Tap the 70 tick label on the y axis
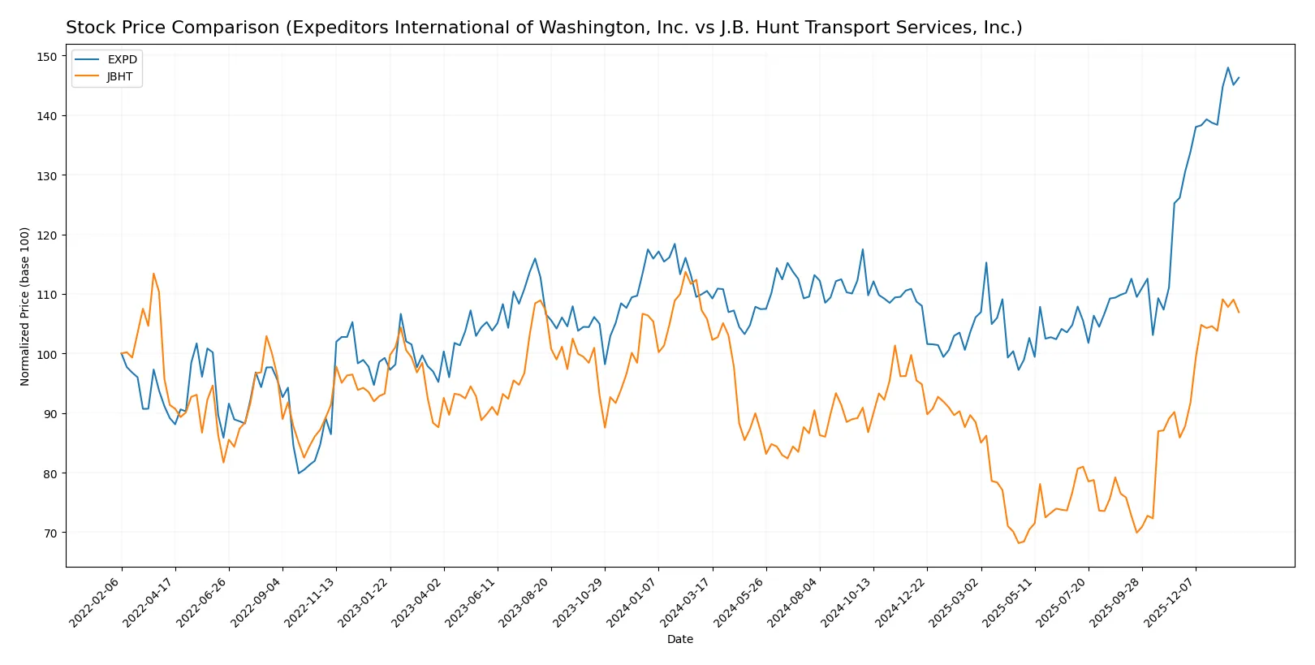point(50,533)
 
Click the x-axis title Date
point(679,640)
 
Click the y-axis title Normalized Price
point(24,306)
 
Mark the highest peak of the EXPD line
point(1228,67)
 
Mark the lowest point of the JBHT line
point(1019,543)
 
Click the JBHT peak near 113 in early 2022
point(153,274)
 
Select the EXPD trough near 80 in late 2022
point(299,473)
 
